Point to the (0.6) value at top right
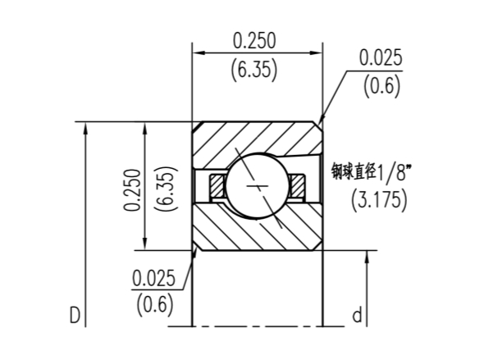[x=381, y=85]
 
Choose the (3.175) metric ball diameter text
[x=378, y=199]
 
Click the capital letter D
[x=74, y=314]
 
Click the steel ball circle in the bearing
[x=256, y=186]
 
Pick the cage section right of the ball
[x=296, y=186]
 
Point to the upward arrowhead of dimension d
[x=368, y=257]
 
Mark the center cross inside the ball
[x=258, y=188]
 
